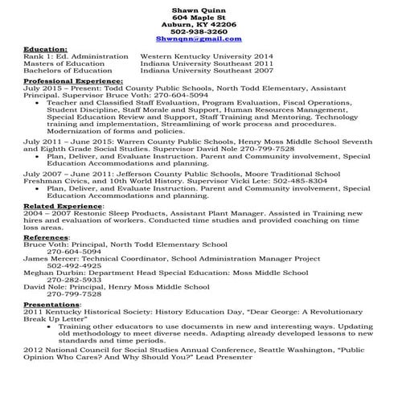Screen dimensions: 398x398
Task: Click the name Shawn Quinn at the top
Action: (x=199, y=7)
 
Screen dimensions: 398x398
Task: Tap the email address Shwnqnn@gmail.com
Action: (x=199, y=39)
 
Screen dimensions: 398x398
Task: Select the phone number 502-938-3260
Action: (x=199, y=31)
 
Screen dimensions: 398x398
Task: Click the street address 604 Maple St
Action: (x=199, y=16)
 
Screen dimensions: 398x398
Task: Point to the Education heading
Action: (x=45, y=49)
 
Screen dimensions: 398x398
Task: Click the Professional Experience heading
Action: (x=73, y=81)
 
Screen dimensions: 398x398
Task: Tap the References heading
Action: (x=46, y=238)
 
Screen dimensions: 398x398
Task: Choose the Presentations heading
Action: (x=51, y=305)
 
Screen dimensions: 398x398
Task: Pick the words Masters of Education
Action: (x=68, y=64)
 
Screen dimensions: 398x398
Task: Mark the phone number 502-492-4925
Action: (x=74, y=265)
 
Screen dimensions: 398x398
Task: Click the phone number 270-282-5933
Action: (x=74, y=280)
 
